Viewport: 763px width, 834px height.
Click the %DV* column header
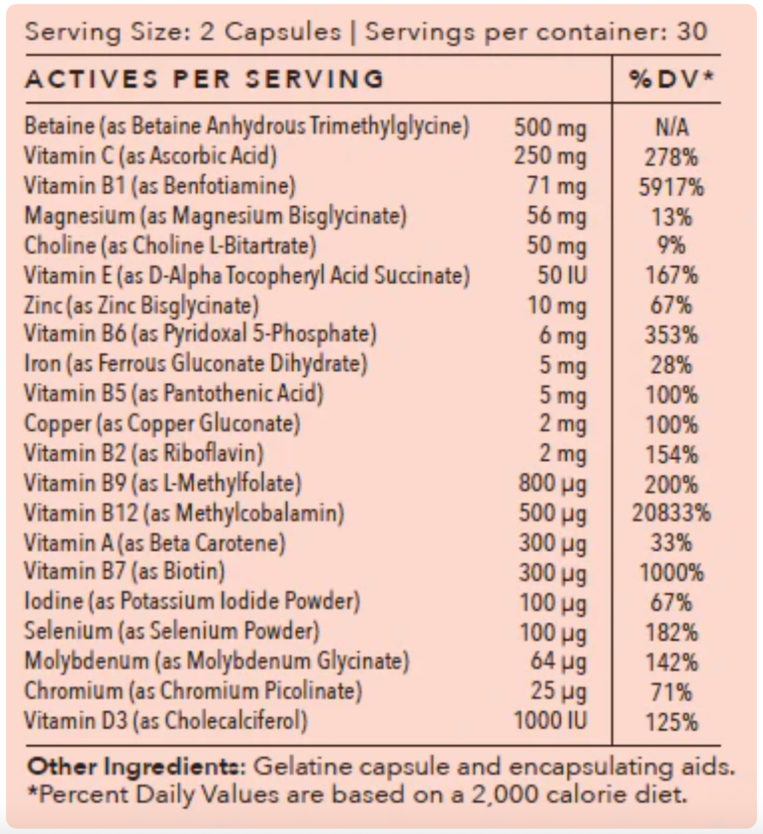click(x=671, y=79)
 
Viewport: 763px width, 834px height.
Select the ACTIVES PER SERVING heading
click(x=204, y=79)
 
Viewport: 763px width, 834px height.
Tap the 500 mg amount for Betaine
click(x=550, y=127)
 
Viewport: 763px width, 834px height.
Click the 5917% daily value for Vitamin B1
click(x=671, y=186)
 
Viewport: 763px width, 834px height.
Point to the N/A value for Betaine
click(x=671, y=127)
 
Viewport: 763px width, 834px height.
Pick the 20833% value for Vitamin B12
click(x=671, y=514)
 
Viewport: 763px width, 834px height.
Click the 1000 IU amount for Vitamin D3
click(x=550, y=721)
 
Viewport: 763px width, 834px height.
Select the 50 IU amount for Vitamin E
click(x=561, y=276)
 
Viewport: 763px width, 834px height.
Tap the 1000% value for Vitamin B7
click(x=671, y=573)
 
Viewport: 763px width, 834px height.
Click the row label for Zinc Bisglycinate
click(x=141, y=306)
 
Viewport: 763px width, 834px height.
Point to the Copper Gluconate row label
click(x=162, y=424)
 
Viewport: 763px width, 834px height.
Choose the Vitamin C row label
click(x=150, y=156)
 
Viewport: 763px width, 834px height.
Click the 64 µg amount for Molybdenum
click(x=558, y=662)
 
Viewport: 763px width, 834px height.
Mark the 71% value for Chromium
click(x=671, y=691)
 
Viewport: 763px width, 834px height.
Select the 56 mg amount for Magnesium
click(x=556, y=216)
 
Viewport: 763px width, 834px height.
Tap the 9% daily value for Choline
click(x=671, y=245)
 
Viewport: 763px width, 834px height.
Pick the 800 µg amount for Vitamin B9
click(x=552, y=483)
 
